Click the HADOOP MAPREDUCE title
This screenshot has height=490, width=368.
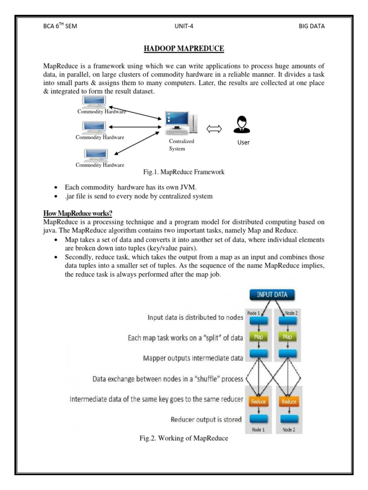[184, 49]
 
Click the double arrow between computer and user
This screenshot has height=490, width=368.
[214, 128]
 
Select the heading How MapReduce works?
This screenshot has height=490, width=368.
[77, 214]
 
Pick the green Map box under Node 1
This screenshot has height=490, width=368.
[258, 336]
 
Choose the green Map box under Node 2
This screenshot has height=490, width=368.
[288, 336]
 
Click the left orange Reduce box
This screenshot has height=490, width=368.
[258, 402]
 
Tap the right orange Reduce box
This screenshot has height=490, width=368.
[288, 402]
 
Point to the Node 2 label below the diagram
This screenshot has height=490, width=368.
[289, 430]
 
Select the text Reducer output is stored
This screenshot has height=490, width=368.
[206, 420]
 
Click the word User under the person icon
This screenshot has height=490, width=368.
[243, 143]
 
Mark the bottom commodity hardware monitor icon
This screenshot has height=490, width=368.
[94, 155]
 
